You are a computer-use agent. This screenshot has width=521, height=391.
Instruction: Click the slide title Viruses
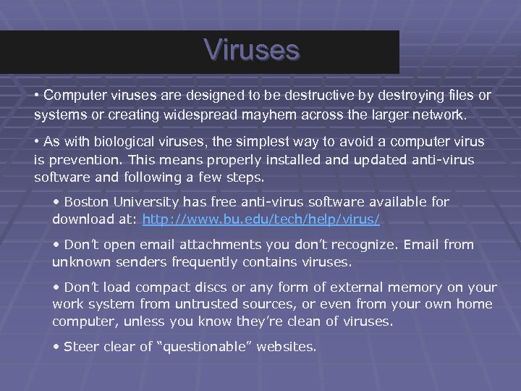click(251, 50)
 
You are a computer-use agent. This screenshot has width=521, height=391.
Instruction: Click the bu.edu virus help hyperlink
click(261, 218)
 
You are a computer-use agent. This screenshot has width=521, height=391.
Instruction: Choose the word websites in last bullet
click(287, 347)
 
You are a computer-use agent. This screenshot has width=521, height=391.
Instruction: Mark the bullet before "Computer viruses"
click(36, 96)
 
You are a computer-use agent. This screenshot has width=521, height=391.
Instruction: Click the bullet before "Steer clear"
click(56, 348)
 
